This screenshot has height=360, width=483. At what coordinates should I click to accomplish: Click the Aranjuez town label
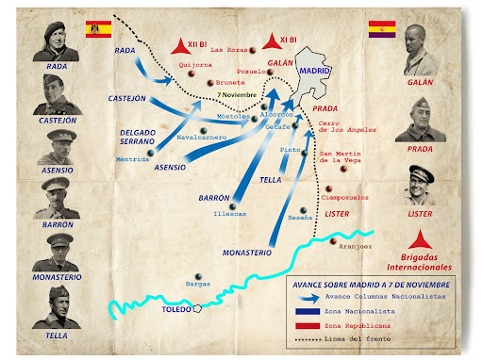click(x=354, y=246)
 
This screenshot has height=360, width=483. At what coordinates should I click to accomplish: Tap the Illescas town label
click(x=229, y=213)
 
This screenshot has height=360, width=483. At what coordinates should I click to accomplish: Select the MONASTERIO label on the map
click(x=248, y=252)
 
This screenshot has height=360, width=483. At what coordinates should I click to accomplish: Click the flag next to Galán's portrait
click(x=381, y=29)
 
